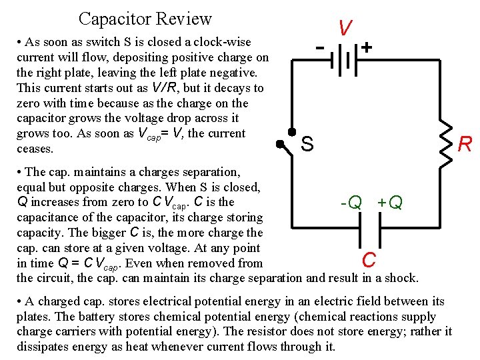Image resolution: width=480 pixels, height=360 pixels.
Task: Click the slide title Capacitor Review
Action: coord(145,19)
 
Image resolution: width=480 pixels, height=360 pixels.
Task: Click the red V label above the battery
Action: coord(345,28)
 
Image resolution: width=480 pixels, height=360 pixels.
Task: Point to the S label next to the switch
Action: coord(307,143)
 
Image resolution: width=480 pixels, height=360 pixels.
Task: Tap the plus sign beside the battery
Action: coord(367,48)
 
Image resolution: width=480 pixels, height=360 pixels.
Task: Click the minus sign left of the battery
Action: coord(321,48)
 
